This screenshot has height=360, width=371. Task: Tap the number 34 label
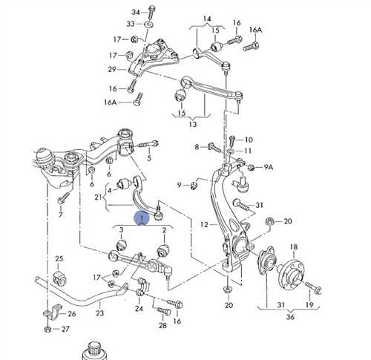[x=136, y=12]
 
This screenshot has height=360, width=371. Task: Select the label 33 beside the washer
[x=131, y=24]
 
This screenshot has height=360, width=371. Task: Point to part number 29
[x=112, y=69]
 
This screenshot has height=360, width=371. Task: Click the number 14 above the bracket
[x=207, y=19]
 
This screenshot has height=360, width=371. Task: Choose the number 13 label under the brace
[x=192, y=124]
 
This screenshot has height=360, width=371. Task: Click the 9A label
[x=269, y=168]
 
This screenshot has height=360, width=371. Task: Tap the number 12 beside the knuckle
[x=205, y=225]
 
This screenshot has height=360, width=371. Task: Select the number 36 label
[x=290, y=317]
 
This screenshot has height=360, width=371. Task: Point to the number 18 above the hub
[x=294, y=247]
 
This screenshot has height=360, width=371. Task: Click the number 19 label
[x=309, y=305]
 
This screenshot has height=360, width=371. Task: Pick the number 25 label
[x=59, y=259]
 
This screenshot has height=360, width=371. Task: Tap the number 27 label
[x=65, y=329]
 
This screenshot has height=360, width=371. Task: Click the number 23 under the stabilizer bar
[x=99, y=313]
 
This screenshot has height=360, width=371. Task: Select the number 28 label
[x=162, y=326]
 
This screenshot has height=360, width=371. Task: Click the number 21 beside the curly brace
[x=98, y=197]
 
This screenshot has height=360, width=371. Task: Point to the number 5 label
[x=149, y=158]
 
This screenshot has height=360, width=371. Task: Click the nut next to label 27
[x=48, y=329]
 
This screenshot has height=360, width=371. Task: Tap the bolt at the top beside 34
[x=151, y=11]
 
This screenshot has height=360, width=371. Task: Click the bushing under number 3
[x=122, y=245]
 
